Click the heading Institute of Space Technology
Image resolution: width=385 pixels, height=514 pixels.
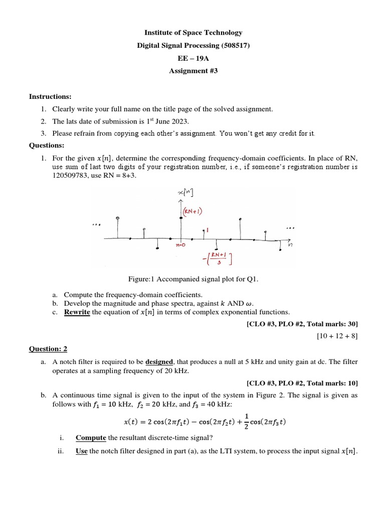193,33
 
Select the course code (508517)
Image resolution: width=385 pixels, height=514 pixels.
232,46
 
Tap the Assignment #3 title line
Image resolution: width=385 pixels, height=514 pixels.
193,71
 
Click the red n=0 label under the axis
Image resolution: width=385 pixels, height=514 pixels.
181,245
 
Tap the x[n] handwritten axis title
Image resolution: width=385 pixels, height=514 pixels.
186,193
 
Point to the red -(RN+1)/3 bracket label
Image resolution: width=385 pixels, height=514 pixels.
215,259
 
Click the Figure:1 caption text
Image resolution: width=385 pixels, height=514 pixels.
193,279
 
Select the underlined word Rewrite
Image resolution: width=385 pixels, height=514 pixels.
77,312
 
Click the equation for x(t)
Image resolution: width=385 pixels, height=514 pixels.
205,421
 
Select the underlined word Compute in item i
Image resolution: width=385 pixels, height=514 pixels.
91,437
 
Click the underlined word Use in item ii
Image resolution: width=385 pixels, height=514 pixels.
82,451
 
